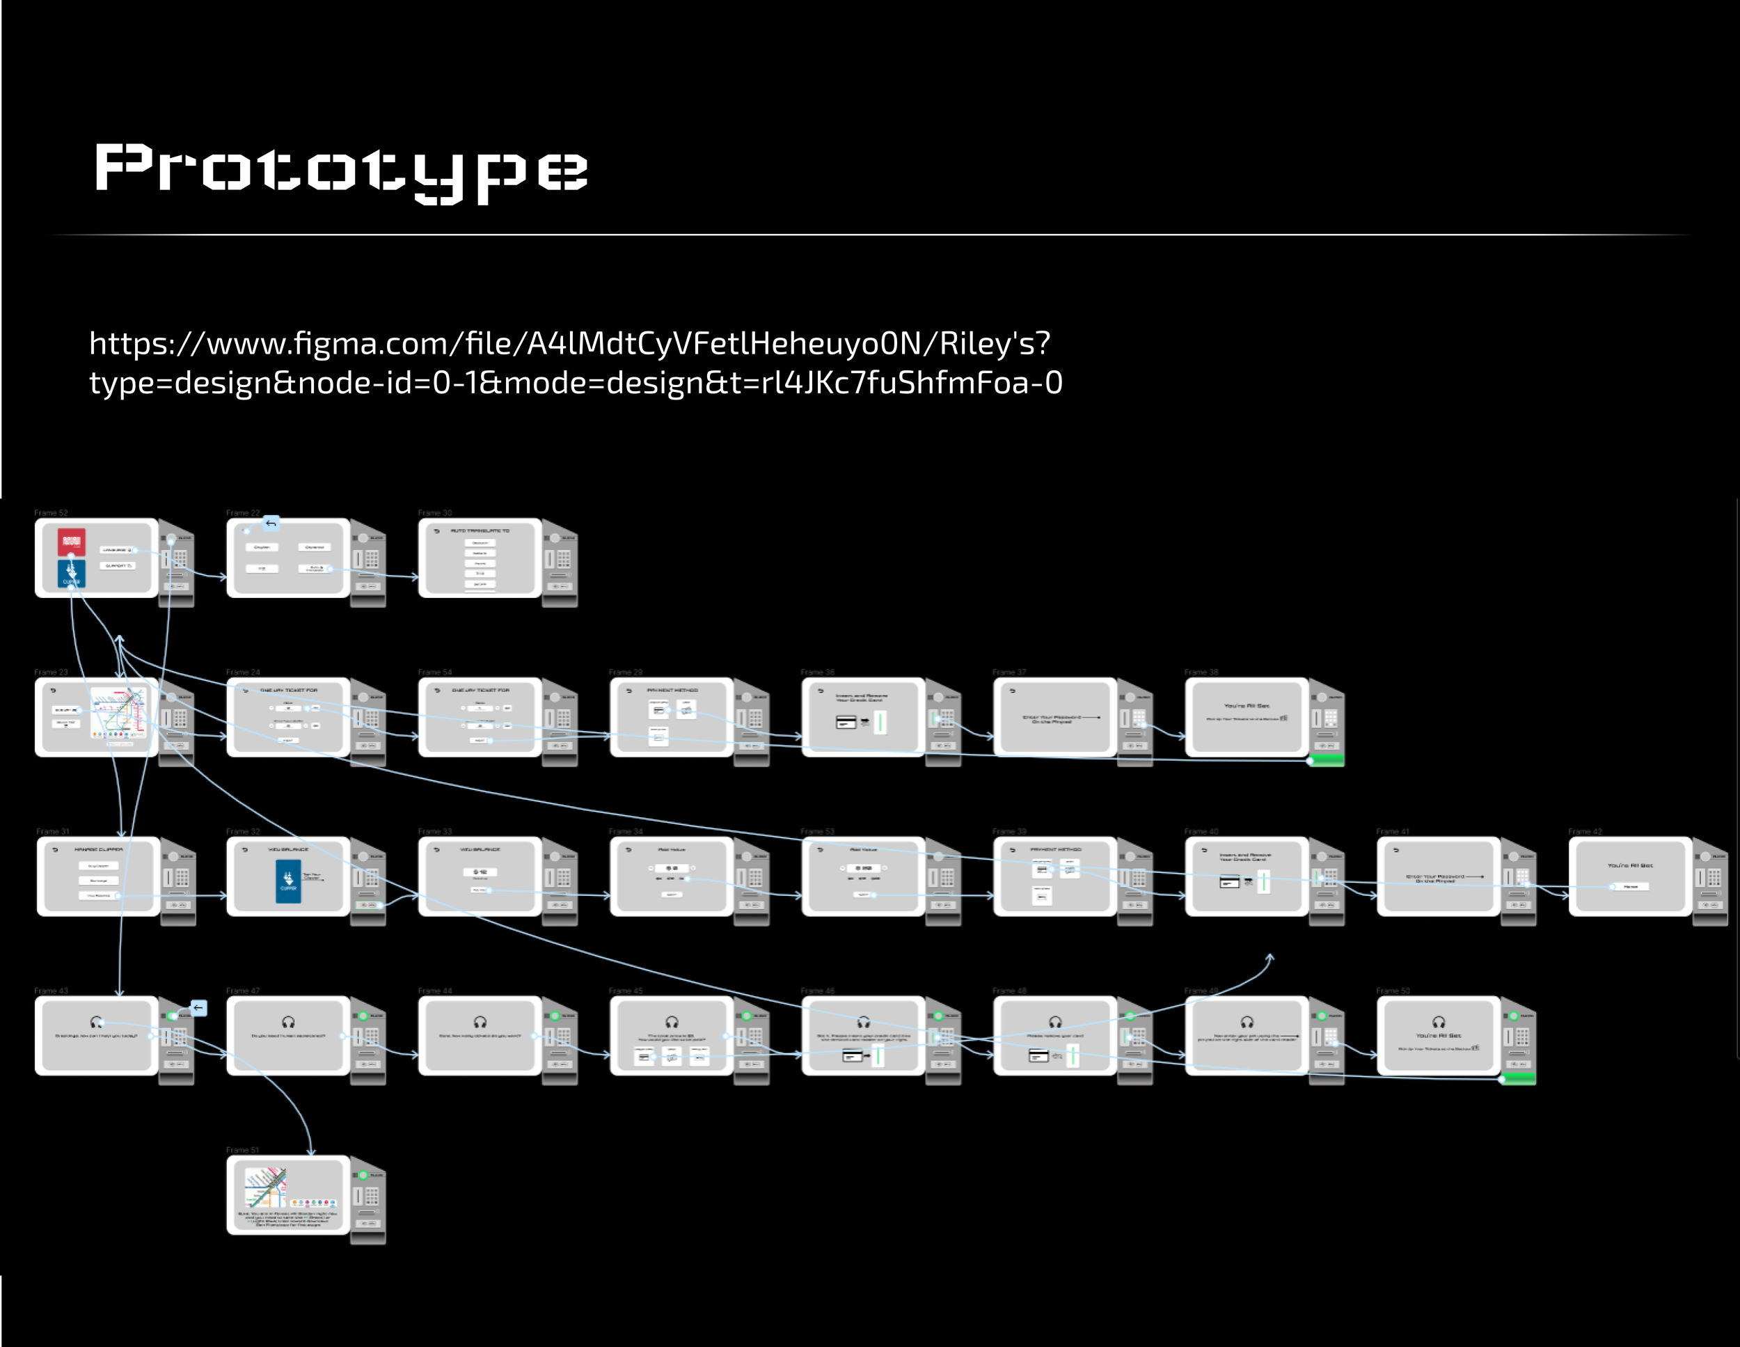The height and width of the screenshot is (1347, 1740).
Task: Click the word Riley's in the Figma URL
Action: (995, 343)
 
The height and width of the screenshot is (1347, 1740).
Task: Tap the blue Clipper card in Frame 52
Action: (72, 573)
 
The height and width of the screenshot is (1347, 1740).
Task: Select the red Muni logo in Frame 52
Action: (72, 542)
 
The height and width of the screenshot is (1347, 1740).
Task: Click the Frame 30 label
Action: (435, 512)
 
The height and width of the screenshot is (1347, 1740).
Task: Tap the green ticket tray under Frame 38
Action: (1326, 760)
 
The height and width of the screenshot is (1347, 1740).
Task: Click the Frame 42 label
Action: (1585, 831)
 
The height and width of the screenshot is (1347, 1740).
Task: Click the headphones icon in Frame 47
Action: (288, 1022)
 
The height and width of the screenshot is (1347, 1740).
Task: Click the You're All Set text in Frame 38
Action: (1247, 706)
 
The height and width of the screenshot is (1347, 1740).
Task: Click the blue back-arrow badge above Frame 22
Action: (271, 523)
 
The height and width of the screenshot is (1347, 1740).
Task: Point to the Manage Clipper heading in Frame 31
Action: (99, 850)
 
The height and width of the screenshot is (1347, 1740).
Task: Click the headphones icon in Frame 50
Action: (1439, 1022)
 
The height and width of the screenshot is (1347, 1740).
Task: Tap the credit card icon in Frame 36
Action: (846, 722)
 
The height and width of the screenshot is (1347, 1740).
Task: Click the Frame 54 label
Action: (435, 672)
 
